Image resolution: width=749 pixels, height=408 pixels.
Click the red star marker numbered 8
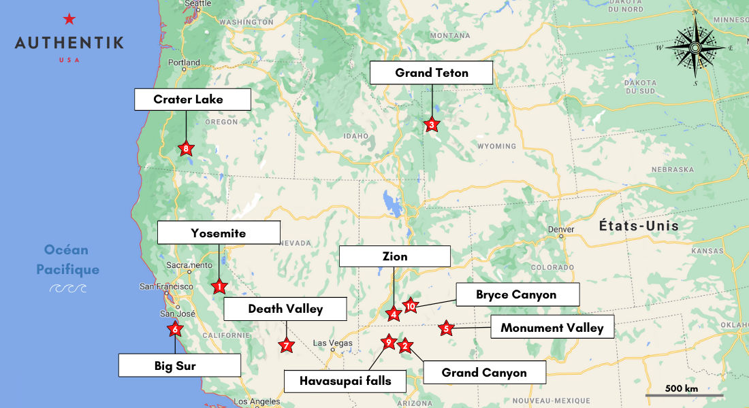tap(186, 148)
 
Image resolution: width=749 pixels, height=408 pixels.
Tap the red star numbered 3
tap(431, 124)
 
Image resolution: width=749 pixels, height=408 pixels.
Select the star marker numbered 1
tap(219, 286)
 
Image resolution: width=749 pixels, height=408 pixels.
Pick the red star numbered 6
tap(175, 329)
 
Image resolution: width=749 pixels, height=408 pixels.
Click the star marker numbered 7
tap(287, 345)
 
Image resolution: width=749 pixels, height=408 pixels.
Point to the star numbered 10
tap(410, 305)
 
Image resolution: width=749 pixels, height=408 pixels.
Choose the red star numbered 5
tap(446, 328)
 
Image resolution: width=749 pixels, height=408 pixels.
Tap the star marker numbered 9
tap(389, 341)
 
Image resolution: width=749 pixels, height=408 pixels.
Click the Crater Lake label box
tap(193, 99)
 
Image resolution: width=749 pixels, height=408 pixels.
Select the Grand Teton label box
tap(432, 73)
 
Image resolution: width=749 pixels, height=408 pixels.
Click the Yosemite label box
tap(219, 233)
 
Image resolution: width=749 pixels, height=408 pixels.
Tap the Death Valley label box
tap(285, 309)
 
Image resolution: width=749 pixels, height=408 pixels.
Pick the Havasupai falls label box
tap(345, 381)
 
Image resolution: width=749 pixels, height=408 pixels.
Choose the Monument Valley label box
tap(552, 328)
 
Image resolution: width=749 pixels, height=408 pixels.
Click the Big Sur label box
tap(180, 366)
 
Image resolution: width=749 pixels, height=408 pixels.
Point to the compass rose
tap(694, 48)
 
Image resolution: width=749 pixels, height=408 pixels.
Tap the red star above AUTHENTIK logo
tap(69, 19)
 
